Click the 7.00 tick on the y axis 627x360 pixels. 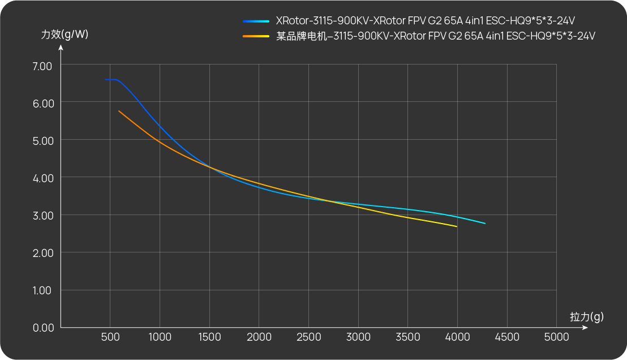42,66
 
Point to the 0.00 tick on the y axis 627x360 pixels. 42,328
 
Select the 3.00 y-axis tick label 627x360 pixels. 42,215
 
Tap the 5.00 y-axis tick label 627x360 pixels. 42,140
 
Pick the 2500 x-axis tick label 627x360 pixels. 308,337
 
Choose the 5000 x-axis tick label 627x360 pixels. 556,337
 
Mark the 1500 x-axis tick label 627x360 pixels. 209,337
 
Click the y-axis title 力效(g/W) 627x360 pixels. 65,34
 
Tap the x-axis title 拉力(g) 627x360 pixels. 586,317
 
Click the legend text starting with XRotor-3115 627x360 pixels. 425,22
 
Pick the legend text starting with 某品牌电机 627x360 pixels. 435,36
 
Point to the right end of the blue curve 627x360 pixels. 485,224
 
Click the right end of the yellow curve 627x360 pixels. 457,226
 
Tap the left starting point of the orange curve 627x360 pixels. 119,111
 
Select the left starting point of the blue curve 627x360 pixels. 106,80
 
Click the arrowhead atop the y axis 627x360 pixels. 61,48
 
